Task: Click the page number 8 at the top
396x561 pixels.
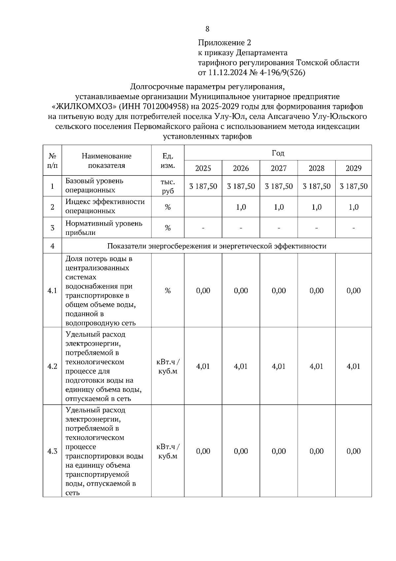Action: pos(207,29)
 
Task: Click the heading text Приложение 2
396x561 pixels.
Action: pos(224,43)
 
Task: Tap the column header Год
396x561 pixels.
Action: pos(278,153)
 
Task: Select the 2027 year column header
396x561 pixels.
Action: pos(279,168)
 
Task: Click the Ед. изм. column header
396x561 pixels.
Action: pos(168,160)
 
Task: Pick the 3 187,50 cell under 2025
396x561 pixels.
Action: pos(203,186)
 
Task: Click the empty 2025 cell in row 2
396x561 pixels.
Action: pos(203,207)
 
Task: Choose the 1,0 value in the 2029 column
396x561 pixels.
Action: pos(353,207)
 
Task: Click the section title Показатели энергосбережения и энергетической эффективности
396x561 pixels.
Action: pos(216,246)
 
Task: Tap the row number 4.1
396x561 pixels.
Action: pos(52,291)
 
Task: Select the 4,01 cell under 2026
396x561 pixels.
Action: pos(241,366)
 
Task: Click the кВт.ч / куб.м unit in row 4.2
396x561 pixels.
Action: pos(168,366)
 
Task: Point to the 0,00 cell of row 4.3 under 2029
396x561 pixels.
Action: pos(353,451)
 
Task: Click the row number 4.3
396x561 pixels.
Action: pos(52,451)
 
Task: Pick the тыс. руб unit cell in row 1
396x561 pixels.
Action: pos(168,186)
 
